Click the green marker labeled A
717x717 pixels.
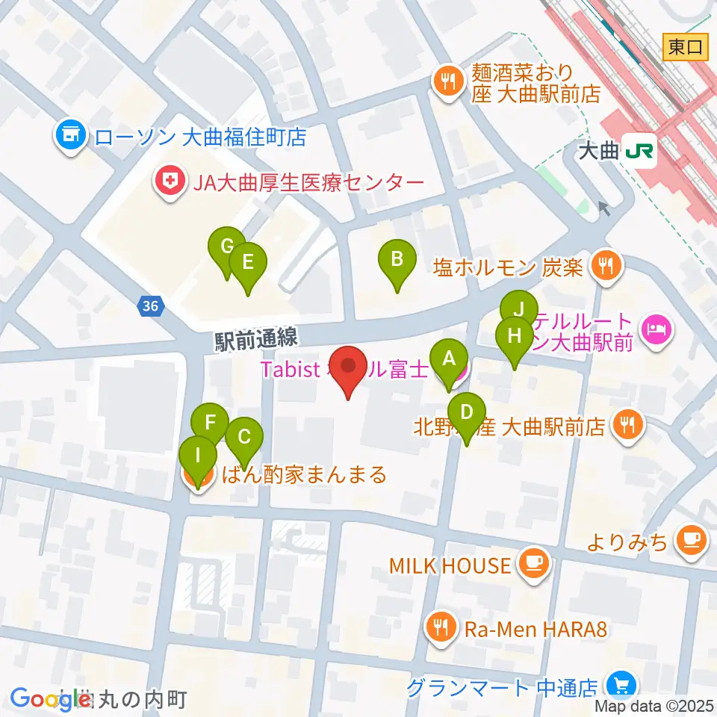click(x=449, y=360)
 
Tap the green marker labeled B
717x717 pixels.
click(x=397, y=261)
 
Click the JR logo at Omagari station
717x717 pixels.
click(x=640, y=152)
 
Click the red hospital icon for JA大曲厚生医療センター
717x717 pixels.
click(x=169, y=181)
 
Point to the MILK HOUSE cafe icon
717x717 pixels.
click(x=534, y=565)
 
